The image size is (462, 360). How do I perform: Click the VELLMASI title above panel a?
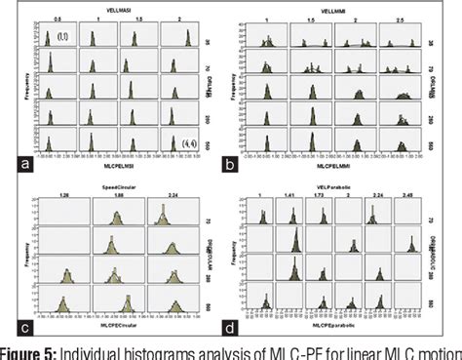123,7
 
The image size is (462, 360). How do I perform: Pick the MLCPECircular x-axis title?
112,323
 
